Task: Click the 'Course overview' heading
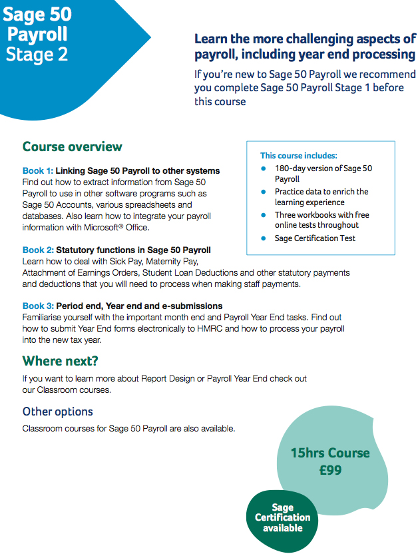[72, 146]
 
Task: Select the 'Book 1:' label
[37, 171]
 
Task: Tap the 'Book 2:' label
[37, 250]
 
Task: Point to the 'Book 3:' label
[37, 306]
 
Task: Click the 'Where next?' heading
[60, 361]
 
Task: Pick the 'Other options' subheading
[57, 412]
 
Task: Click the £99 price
[330, 470]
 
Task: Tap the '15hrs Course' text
[330, 453]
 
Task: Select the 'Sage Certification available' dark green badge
[282, 518]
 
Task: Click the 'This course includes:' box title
[298, 155]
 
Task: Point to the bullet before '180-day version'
[264, 168]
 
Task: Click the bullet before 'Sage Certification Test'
[264, 238]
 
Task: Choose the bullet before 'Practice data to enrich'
[264, 192]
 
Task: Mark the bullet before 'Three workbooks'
[264, 215]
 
